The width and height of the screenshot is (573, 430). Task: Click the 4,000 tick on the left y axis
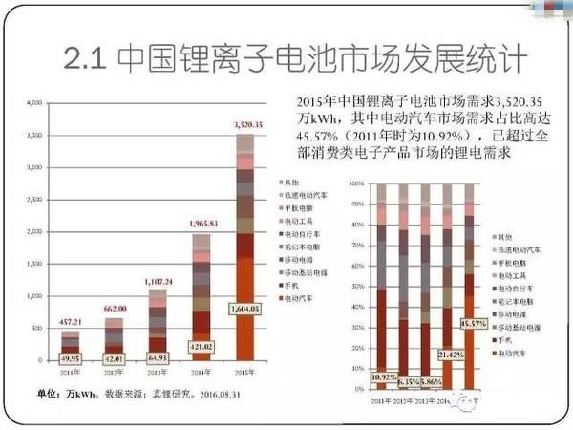(x=32, y=102)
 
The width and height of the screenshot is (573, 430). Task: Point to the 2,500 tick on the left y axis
(x=32, y=200)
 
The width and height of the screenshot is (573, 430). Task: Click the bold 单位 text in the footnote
(x=48, y=394)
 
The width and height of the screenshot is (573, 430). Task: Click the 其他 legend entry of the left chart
(x=288, y=181)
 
